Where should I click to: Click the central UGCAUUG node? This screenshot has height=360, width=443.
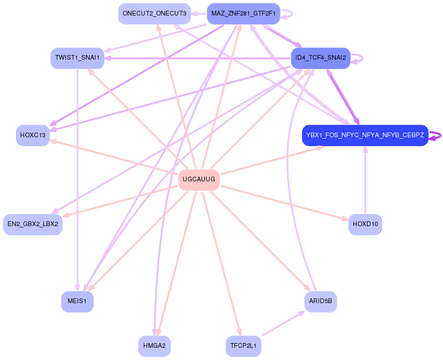[199, 180]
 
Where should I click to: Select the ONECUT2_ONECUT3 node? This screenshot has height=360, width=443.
[154, 13]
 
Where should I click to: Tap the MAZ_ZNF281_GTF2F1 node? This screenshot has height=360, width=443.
[243, 13]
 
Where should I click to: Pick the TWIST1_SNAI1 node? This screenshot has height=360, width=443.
[77, 58]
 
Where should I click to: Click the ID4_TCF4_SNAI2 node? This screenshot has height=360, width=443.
[320, 58]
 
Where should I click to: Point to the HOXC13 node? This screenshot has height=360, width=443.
[32, 135]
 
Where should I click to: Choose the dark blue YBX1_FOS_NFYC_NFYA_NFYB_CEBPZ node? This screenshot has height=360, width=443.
[365, 135]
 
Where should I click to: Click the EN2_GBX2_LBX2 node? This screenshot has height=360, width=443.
[32, 224]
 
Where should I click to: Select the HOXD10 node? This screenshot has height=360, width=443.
[365, 224]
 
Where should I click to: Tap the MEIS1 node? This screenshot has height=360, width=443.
[77, 301]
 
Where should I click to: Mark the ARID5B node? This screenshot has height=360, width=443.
[320, 301]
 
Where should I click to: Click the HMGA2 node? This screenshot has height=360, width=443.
[154, 346]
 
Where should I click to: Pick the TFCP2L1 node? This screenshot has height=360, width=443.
[243, 346]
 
